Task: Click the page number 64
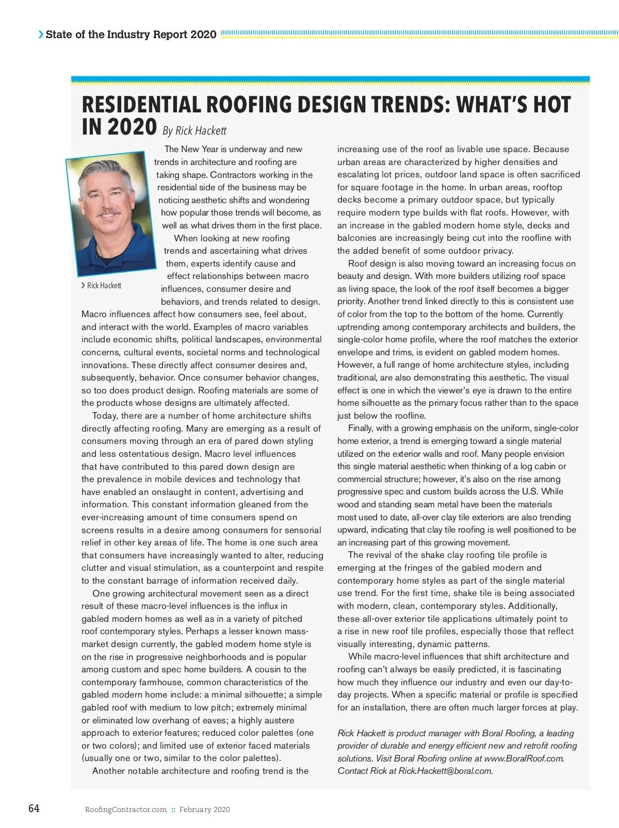(x=34, y=808)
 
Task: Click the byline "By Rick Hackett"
(x=194, y=130)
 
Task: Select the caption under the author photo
(x=104, y=286)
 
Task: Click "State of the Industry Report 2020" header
(x=131, y=35)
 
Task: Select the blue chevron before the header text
(x=41, y=35)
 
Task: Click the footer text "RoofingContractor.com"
(x=126, y=809)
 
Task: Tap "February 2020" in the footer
(x=205, y=809)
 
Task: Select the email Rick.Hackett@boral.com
(x=445, y=771)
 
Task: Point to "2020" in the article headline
(x=131, y=127)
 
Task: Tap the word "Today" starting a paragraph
(x=104, y=416)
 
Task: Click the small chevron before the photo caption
(x=84, y=286)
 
